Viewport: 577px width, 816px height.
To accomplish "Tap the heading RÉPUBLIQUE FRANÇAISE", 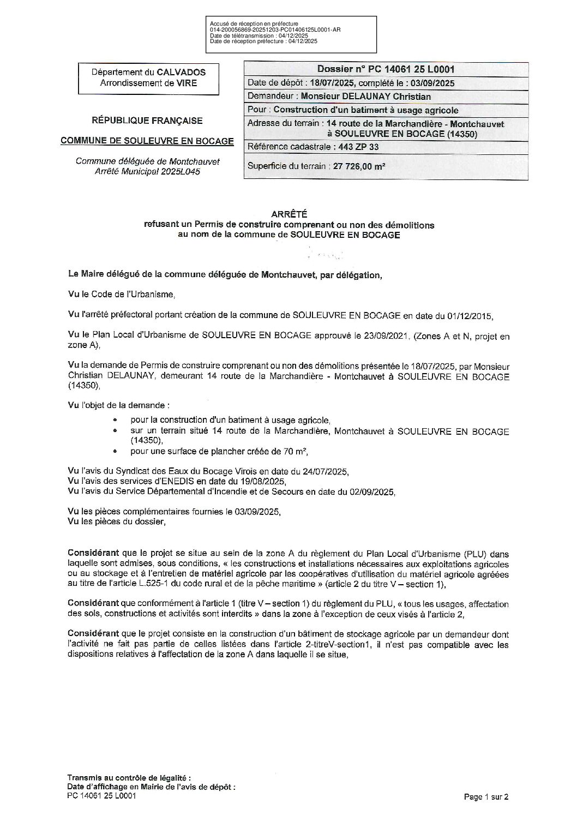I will (x=147, y=121).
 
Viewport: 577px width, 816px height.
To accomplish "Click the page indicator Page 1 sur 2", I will (x=485, y=797).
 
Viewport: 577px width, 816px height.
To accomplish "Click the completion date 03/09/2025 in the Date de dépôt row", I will (x=427, y=83).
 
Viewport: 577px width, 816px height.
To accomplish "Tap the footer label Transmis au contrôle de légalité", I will (x=129, y=777).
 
